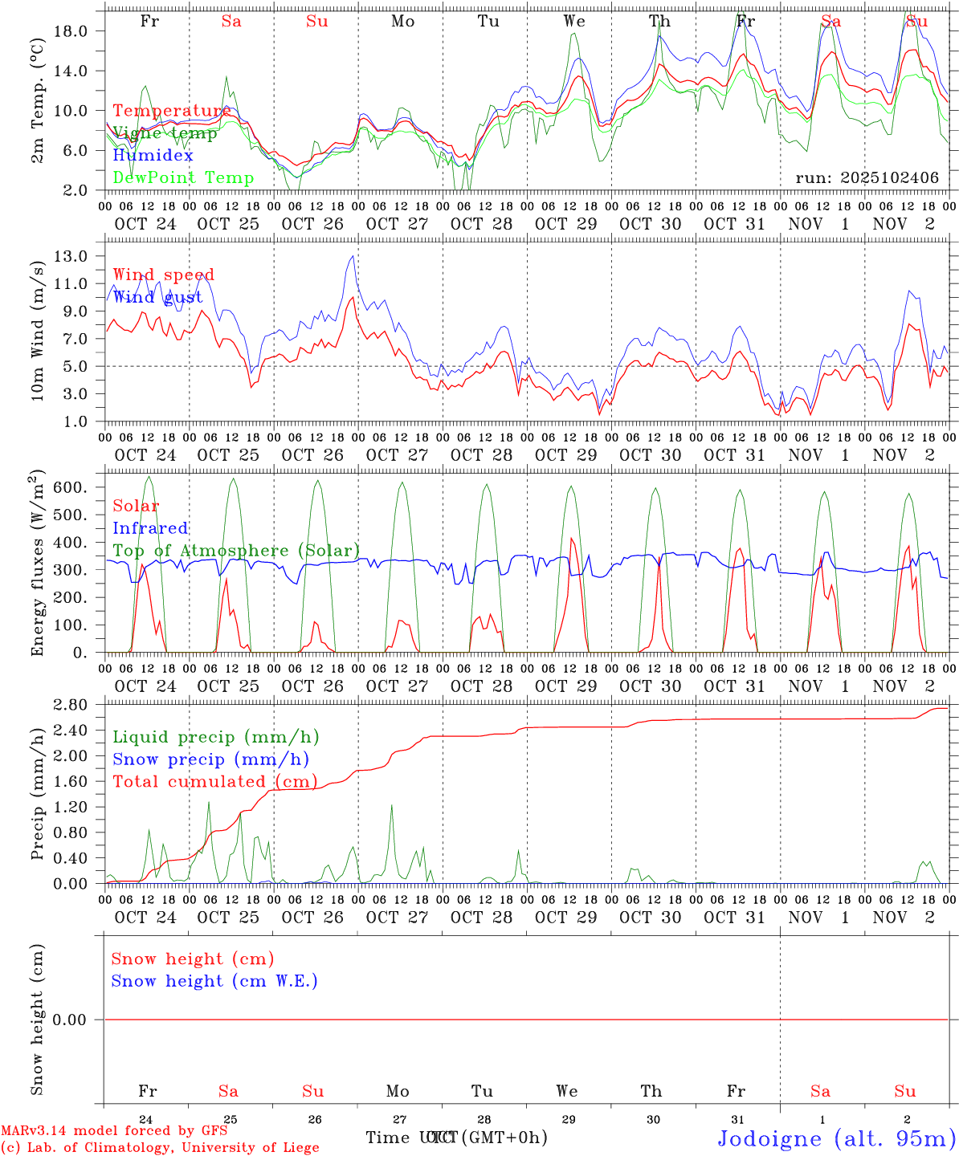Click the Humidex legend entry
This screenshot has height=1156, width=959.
click(x=153, y=156)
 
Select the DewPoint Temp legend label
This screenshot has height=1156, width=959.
click(x=183, y=178)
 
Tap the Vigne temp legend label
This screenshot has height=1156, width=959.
click(x=165, y=133)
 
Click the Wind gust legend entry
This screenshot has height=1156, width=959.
click(x=157, y=297)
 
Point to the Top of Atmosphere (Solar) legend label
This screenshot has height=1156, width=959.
click(x=236, y=551)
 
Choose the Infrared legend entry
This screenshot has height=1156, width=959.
click(x=150, y=528)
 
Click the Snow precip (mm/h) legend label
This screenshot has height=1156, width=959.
click(x=210, y=759)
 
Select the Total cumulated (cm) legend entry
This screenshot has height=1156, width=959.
click(x=214, y=782)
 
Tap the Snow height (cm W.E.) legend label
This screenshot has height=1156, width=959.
click(x=214, y=981)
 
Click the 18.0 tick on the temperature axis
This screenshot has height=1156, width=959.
click(x=69, y=31)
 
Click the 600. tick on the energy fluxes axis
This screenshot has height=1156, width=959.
click(x=69, y=487)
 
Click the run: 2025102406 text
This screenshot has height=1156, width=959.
click(x=867, y=178)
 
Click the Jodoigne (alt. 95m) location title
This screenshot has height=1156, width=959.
click(x=836, y=1138)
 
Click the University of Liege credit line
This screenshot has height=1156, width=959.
click(x=160, y=1147)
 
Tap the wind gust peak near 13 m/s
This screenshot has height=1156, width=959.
click(x=352, y=256)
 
